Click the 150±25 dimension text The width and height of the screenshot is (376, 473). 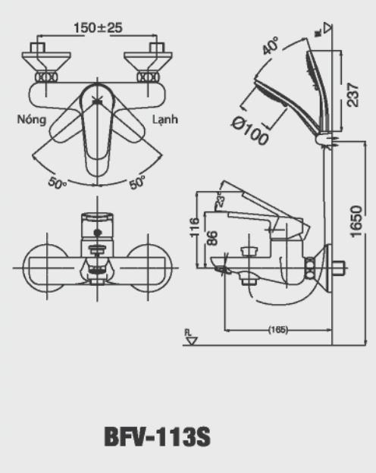coord(99,28)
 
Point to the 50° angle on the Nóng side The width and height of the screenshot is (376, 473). coord(58,183)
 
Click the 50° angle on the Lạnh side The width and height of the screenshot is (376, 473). coord(137,183)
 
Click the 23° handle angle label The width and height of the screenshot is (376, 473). coord(221,202)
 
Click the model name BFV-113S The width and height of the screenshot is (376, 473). coord(156,437)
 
